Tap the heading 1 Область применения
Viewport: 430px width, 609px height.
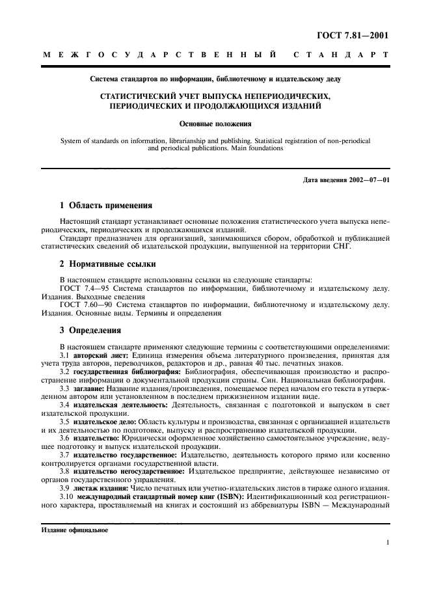(105, 206)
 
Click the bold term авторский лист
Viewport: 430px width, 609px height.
(103, 355)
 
